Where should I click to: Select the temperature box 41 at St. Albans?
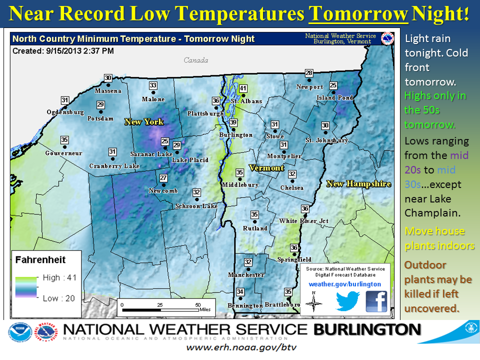pyautogui.click(x=243, y=89)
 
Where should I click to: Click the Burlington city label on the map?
pyautogui.click(x=236, y=135)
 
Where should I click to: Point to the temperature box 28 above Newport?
pyautogui.click(x=309, y=73)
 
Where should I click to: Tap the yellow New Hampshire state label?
pyautogui.click(x=358, y=184)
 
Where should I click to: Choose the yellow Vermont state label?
pyautogui.click(x=266, y=168)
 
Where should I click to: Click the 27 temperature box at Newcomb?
pyautogui.click(x=163, y=178)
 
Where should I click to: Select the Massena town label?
pyautogui.click(x=108, y=91)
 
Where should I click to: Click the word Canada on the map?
pyautogui.click(x=195, y=60)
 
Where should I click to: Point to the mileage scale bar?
pyautogui.click(x=160, y=309)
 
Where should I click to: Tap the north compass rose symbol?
pyautogui.click(x=313, y=301)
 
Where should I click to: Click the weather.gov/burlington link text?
pyautogui.click(x=345, y=284)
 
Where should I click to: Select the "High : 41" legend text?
pyautogui.click(x=58, y=277)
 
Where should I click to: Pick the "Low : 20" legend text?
pyautogui.click(x=58, y=298)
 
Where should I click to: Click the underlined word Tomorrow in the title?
pyautogui.click(x=358, y=14)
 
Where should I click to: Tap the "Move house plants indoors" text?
pyautogui.click(x=439, y=238)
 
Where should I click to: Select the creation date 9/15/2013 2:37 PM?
pyautogui.click(x=80, y=51)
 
